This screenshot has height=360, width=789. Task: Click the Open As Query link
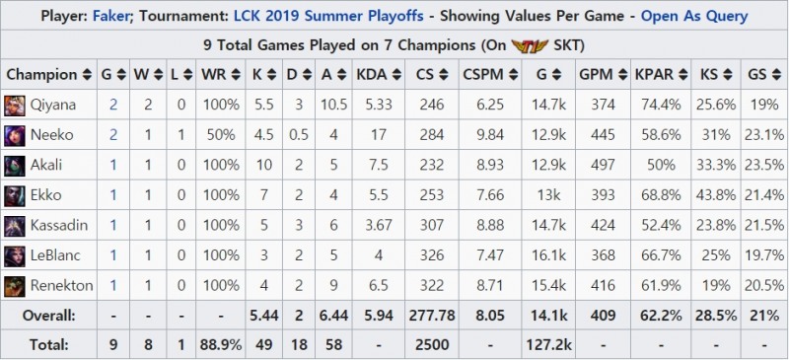pyautogui.click(x=693, y=16)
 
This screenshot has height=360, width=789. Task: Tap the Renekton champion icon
pyautogui.click(x=16, y=285)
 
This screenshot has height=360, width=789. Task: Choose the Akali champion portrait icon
pyautogui.click(x=16, y=165)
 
